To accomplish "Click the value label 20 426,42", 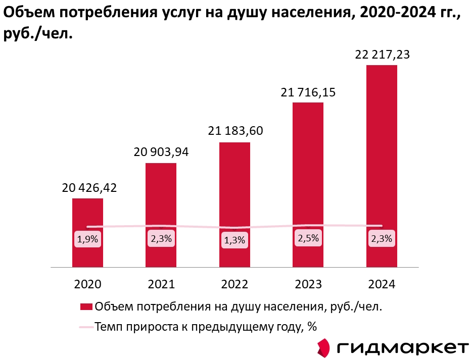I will tap(89, 188).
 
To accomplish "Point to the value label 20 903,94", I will tap(161, 152).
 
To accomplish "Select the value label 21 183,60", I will tap(235, 131).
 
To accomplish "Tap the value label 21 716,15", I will tap(308, 92).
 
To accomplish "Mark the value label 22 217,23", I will tap(382, 55).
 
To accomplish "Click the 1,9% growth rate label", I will tap(87, 240).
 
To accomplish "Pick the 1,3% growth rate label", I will tap(234, 240).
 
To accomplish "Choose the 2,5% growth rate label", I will tap(308, 238).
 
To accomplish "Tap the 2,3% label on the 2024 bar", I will tap(382, 239).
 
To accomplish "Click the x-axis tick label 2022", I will tap(234, 284).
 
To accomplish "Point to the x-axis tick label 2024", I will tap(382, 284).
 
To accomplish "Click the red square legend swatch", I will tap(86, 307).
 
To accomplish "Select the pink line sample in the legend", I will tap(86, 327).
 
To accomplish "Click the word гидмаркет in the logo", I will tap(402, 348).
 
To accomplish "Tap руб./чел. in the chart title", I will tap(35, 33).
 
